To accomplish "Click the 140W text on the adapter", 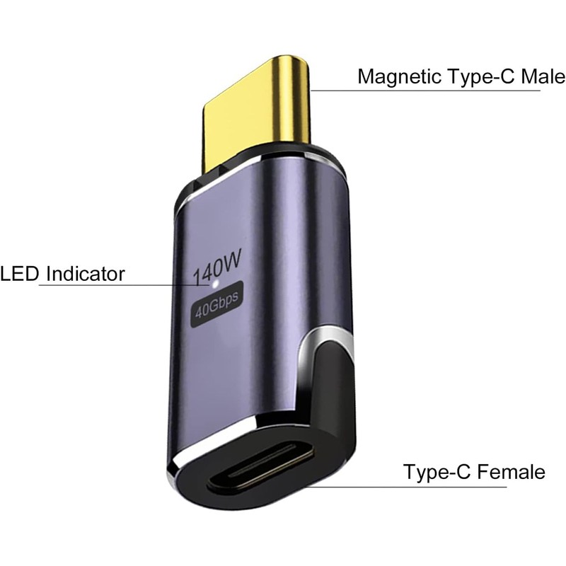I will (219, 268).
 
